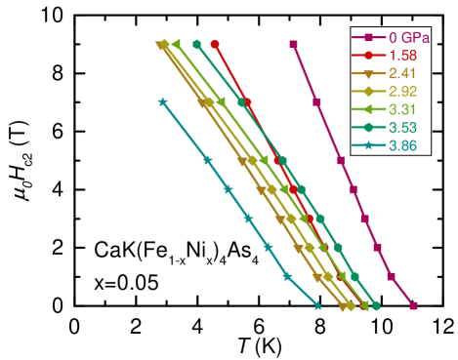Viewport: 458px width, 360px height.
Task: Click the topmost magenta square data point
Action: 293,44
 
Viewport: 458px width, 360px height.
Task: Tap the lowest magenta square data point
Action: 413,305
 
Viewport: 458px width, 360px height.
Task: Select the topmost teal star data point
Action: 163,100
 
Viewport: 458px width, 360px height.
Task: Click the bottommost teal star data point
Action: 317,305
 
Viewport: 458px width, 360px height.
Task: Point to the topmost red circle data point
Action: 215,44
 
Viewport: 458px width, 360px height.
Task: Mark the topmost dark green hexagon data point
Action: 196,44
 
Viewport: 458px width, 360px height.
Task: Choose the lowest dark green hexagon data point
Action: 375,305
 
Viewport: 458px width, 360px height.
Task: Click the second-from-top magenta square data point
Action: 316,101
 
